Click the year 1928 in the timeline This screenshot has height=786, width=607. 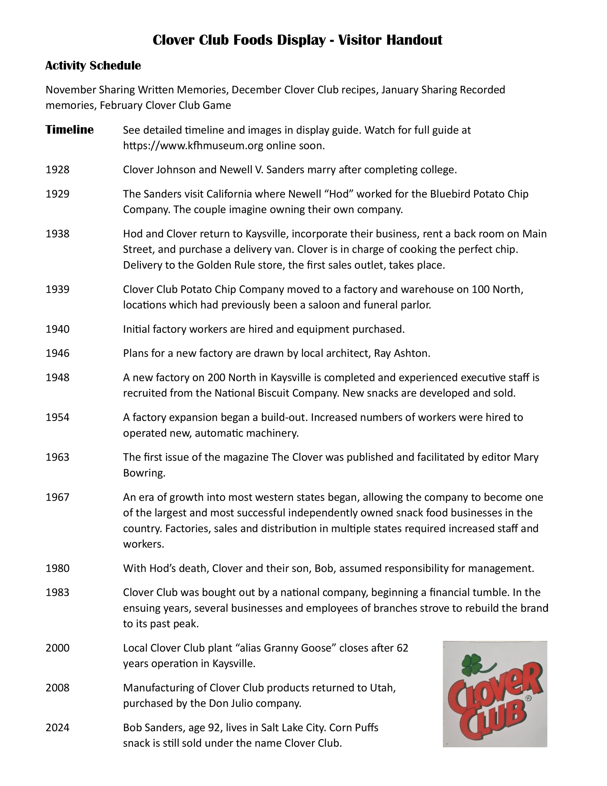point(57,170)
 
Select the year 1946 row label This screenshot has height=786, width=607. point(57,353)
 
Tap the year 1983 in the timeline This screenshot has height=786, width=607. point(57,592)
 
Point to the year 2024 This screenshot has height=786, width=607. point(57,727)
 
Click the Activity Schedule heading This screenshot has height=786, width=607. point(93,66)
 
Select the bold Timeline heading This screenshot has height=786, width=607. point(69,130)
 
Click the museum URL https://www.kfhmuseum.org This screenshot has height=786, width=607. point(193,146)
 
